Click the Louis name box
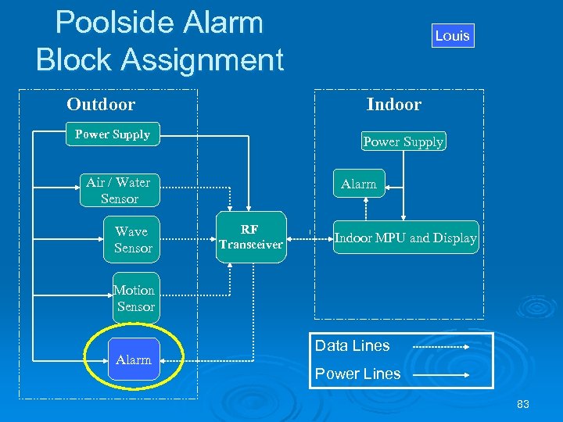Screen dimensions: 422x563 tap(453, 35)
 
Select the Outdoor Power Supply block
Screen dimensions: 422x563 tap(113, 134)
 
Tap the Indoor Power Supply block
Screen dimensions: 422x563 tap(403, 141)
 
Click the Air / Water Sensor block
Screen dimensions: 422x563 tap(118, 191)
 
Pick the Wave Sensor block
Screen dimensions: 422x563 tap(132, 239)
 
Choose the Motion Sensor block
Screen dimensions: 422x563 tap(134, 298)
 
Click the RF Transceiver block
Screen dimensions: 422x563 tap(250, 237)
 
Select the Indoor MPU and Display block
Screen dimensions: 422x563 tap(405, 238)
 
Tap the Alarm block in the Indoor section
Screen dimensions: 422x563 tap(358, 184)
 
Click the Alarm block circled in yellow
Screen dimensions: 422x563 tap(134, 359)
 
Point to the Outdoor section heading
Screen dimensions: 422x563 tap(101, 105)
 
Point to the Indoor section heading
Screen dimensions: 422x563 tap(394, 105)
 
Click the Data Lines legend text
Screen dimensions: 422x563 tap(352, 345)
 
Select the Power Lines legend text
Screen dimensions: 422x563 tap(357, 374)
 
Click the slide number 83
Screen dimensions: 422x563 tap(523, 404)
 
